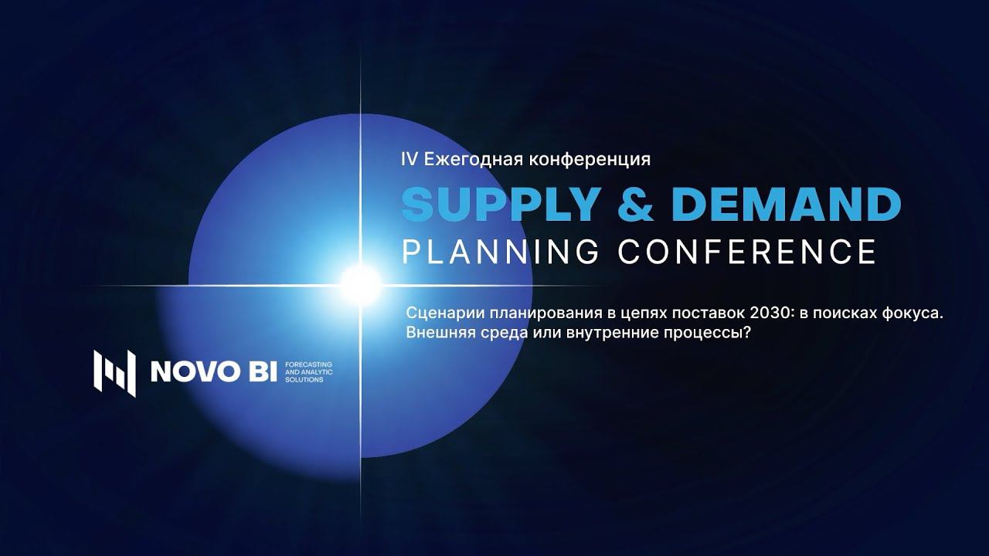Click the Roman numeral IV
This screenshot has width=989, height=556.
[409, 159]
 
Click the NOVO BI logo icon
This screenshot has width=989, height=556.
[114, 373]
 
